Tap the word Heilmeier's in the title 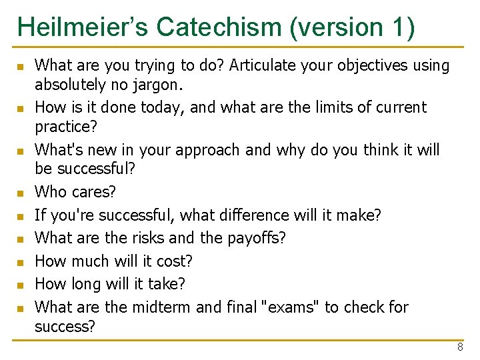(x=83, y=27)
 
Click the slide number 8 (x=460, y=347)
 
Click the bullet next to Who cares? (x=21, y=193)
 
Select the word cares (x=93, y=192)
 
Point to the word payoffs (x=256, y=238)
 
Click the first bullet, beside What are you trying (x=21, y=67)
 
